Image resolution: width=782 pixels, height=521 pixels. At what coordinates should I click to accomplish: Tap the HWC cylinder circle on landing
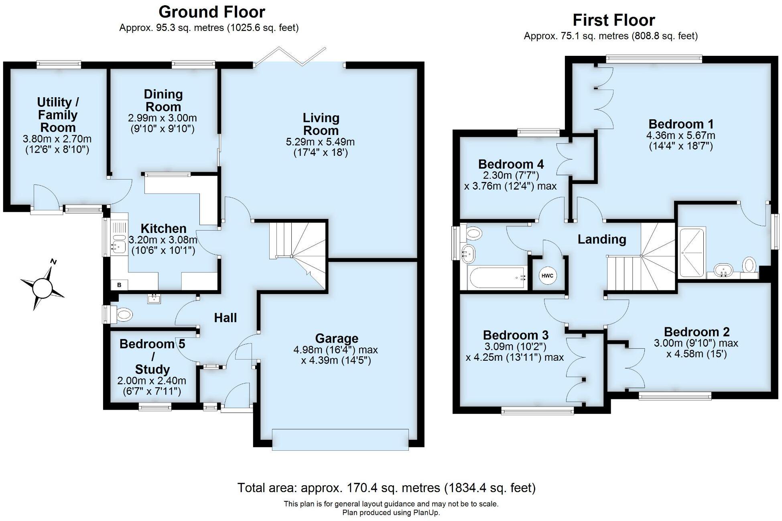(547, 276)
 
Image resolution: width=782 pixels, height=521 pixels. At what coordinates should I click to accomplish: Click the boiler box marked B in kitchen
(119, 285)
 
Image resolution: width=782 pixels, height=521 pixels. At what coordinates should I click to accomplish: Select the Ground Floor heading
(212, 12)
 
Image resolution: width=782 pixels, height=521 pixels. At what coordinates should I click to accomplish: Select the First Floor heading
(613, 20)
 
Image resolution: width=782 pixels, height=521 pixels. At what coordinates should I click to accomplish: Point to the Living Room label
(321, 124)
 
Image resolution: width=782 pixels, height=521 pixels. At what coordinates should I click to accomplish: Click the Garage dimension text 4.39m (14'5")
(336, 360)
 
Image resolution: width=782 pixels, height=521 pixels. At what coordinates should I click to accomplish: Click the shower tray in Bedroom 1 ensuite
(691, 252)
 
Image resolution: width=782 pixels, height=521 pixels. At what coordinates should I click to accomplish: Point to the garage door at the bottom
(340, 439)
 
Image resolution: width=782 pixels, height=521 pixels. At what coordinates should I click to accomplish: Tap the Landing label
(601, 239)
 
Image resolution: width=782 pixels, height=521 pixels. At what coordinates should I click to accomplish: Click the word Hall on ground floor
(225, 318)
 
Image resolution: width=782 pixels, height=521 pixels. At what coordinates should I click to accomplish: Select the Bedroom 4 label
(511, 164)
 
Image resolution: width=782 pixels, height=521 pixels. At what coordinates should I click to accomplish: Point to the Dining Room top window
(193, 64)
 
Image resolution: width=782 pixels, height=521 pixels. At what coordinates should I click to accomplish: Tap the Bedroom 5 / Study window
(155, 407)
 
